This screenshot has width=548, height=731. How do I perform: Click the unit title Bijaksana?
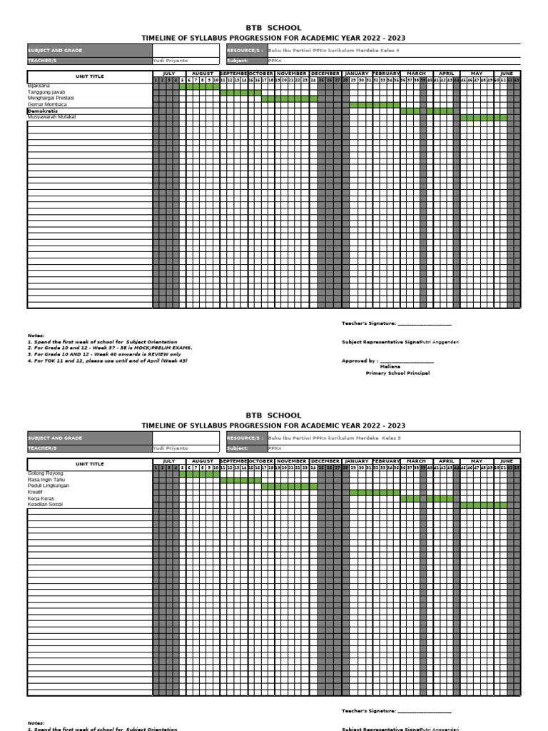pos(39,86)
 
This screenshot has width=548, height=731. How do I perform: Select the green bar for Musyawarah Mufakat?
pos(483,117)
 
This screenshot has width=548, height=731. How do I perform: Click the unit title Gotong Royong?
pos(45,473)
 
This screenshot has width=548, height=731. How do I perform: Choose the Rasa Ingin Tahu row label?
pos(46,480)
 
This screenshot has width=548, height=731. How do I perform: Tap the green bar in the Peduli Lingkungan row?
pos(290,486)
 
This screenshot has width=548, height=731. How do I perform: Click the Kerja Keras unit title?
pos(41,498)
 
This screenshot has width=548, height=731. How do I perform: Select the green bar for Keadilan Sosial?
pos(483,505)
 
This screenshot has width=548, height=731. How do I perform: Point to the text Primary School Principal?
pos(397,373)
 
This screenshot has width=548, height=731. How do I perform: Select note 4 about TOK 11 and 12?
pos(107,361)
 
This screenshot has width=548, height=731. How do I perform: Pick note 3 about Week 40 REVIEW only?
pos(104,354)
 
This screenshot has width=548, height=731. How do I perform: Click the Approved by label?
pos(360,361)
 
